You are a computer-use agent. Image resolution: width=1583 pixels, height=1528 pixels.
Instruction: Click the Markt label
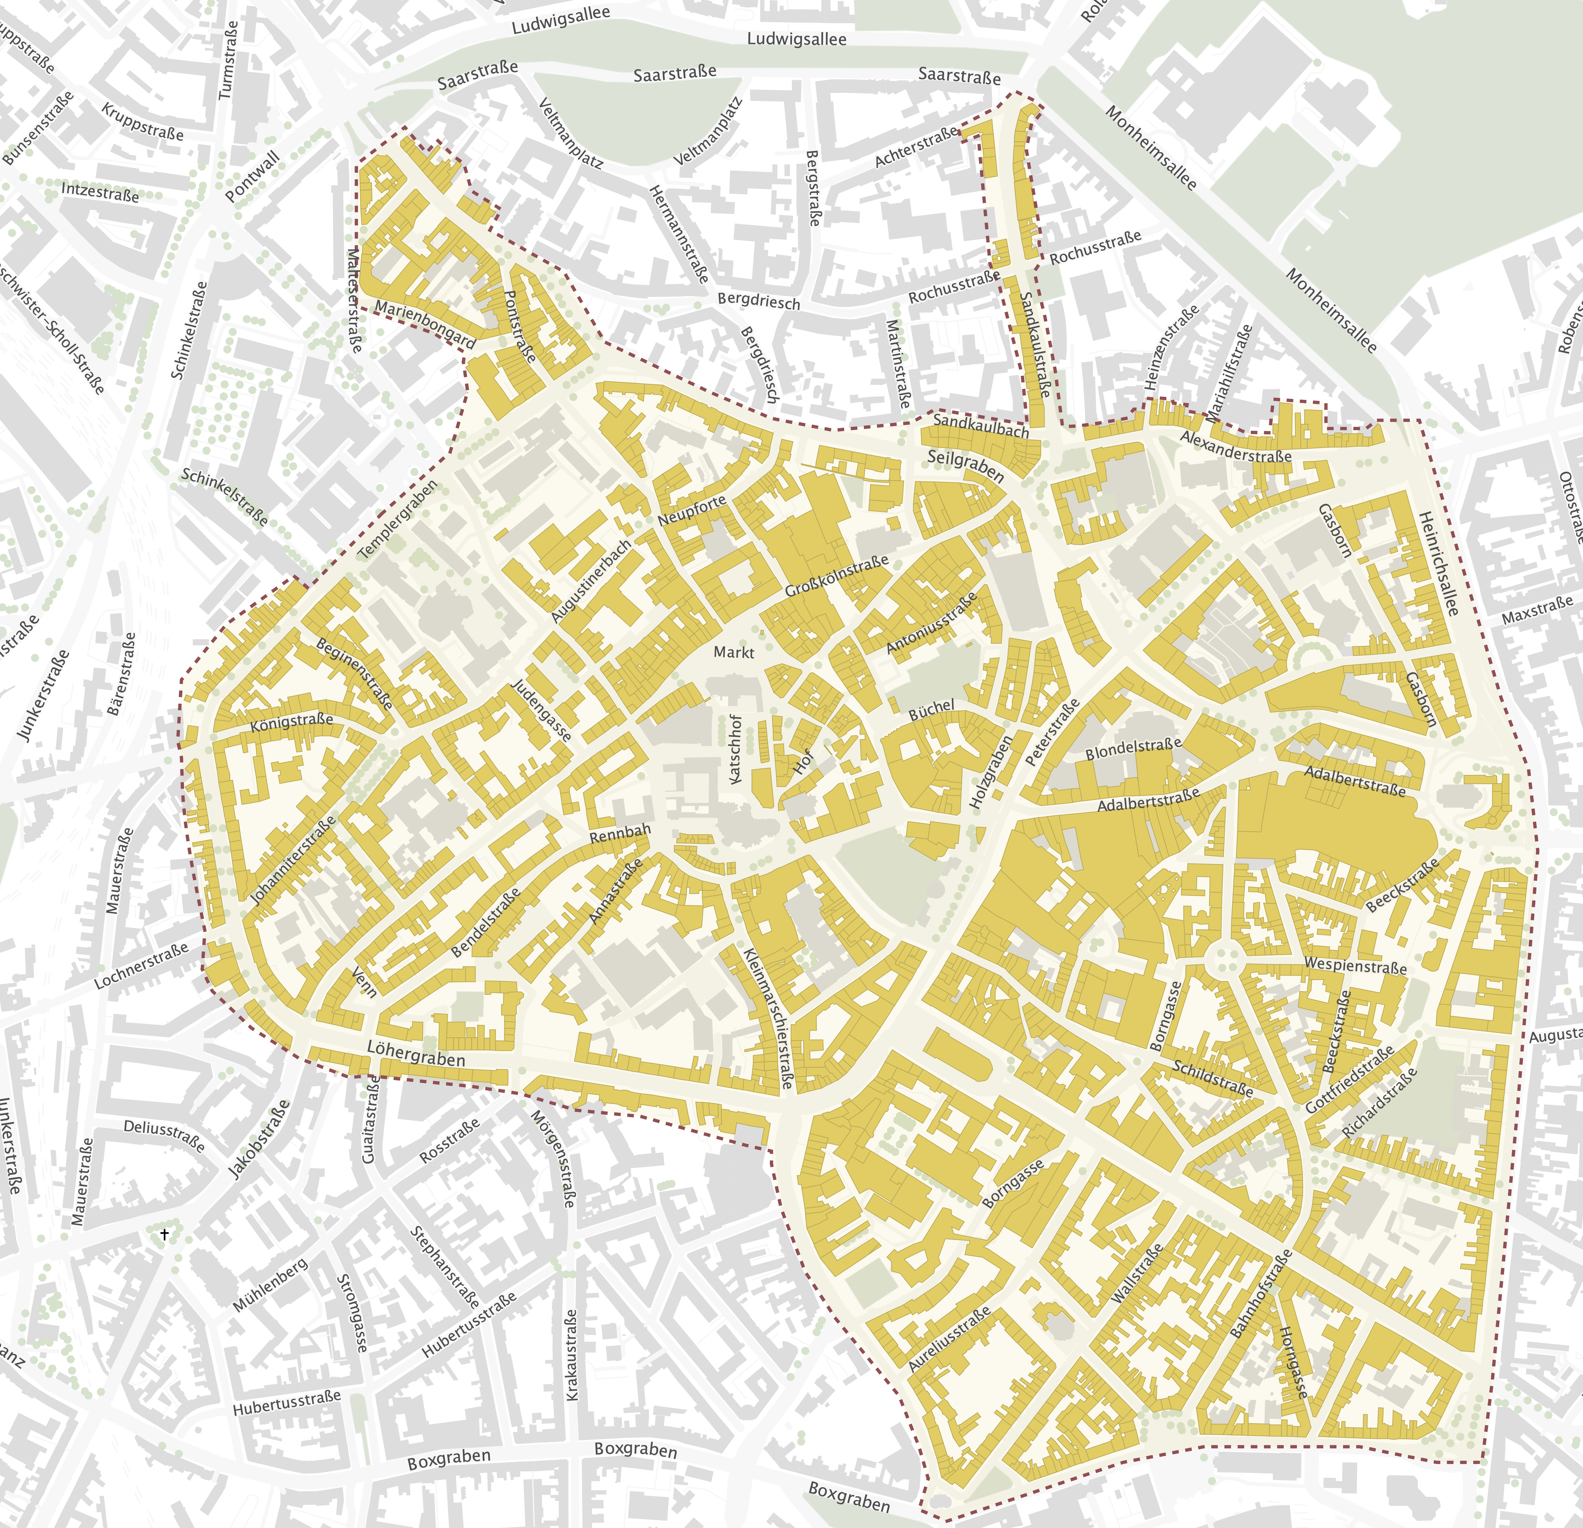[x=733, y=652]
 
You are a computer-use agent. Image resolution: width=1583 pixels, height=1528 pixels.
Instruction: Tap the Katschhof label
[x=735, y=749]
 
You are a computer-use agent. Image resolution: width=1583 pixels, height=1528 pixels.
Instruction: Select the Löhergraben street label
[x=416, y=1053]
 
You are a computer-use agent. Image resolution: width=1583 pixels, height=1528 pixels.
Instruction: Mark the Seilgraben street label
[x=965, y=467]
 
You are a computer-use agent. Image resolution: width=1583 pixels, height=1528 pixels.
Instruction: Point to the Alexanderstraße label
[x=1236, y=446]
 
